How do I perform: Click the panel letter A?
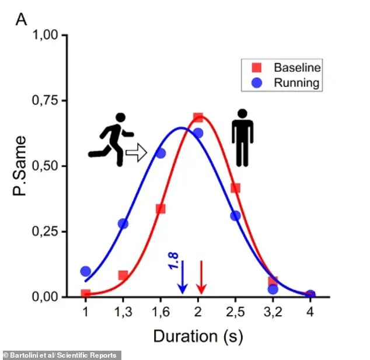point(21,19)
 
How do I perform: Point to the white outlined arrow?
point(136,155)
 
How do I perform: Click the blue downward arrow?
point(182,277)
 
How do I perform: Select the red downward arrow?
point(201,277)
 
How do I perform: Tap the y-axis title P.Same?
point(21,167)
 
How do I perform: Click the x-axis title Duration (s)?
point(197,336)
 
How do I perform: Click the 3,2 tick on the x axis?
point(273,312)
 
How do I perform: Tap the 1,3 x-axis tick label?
point(123,312)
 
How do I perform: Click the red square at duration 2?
point(198,118)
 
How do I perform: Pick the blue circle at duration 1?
point(86,271)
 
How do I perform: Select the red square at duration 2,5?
point(236,188)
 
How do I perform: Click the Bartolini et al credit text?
point(61,355)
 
